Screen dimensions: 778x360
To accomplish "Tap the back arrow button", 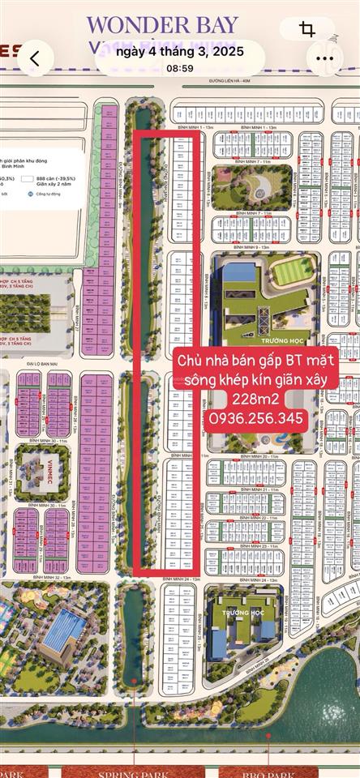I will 34,58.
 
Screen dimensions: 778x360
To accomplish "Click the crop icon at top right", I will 307,30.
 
